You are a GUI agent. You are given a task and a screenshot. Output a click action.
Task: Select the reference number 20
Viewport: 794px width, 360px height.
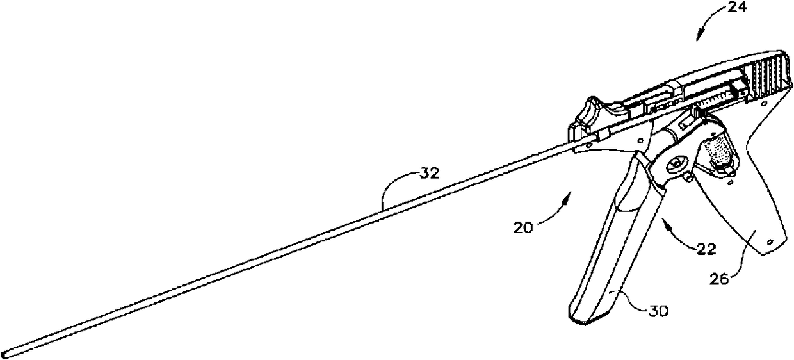tap(524, 227)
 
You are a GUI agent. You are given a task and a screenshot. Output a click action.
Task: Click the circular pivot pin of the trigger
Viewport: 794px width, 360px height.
tap(674, 166)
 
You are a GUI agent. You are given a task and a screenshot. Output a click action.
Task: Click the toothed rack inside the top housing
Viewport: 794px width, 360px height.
tap(717, 99)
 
